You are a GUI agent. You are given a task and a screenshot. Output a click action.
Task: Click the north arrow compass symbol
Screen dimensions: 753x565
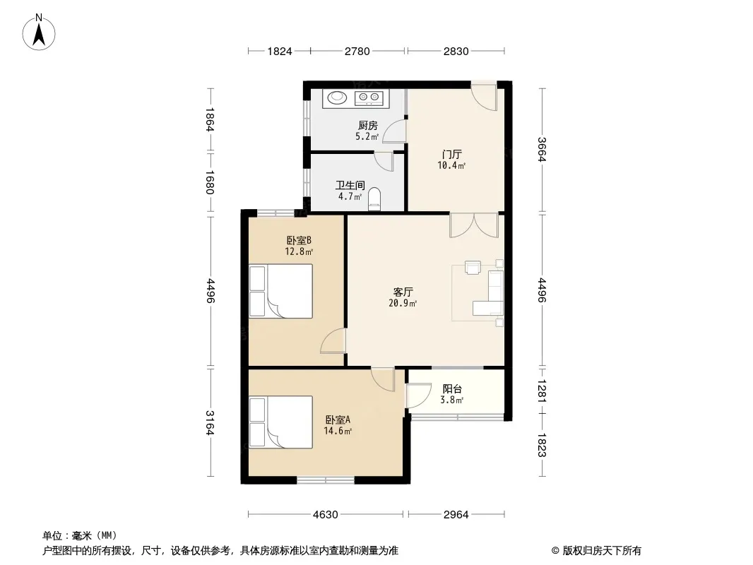(39, 32)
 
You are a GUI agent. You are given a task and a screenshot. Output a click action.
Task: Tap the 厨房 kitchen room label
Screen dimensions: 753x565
(368, 126)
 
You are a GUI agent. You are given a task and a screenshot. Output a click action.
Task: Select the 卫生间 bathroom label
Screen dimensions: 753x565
(350, 185)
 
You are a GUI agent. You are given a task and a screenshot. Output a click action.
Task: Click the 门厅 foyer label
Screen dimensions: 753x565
(452, 155)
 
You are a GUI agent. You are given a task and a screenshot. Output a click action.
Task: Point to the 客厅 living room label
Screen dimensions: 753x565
(403, 292)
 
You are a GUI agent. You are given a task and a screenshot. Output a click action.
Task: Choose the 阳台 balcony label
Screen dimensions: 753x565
(452, 389)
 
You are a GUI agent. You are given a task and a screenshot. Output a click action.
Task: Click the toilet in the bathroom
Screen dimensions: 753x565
(374, 199)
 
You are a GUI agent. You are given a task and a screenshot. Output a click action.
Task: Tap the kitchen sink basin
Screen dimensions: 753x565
(337, 97)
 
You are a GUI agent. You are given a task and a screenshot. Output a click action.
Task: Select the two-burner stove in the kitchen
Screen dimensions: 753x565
(369, 98)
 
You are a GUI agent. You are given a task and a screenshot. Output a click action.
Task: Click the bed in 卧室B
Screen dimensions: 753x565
(280, 291)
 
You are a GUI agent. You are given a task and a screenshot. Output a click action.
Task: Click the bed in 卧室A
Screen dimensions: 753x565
(280, 422)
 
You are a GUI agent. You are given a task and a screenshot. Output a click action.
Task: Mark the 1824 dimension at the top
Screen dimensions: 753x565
(280, 51)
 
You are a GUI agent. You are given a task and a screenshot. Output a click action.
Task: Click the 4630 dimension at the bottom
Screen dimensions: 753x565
(325, 515)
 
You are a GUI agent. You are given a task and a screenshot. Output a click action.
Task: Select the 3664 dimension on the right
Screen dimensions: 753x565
(542, 149)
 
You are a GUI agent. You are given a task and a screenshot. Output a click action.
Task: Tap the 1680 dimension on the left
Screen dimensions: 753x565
(209, 182)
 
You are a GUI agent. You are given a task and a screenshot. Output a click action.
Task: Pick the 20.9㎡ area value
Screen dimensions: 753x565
(403, 304)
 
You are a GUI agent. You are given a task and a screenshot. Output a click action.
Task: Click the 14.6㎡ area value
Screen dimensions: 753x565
(338, 431)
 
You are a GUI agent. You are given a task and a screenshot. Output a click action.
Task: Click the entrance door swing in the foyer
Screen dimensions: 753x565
(484, 97)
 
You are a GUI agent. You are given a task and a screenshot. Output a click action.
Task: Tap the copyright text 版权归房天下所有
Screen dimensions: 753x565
(602, 551)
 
